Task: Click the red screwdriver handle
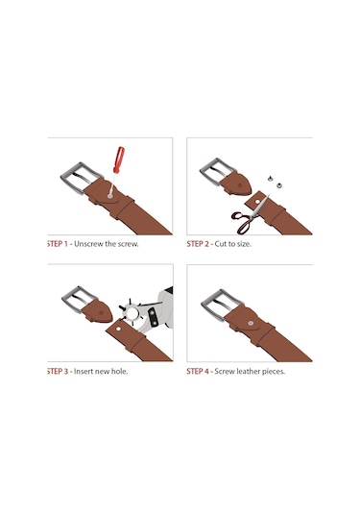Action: tap(119, 159)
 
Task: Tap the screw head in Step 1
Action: tap(110, 196)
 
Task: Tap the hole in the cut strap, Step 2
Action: tap(257, 201)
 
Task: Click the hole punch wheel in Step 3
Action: tap(132, 313)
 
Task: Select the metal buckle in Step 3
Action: tap(79, 299)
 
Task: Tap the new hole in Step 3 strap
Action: tap(118, 329)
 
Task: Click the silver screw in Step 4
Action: tap(251, 323)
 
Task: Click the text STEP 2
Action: tap(198, 244)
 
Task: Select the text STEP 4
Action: tap(198, 372)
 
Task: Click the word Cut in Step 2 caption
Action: tap(220, 244)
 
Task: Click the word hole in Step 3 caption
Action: tap(119, 372)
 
